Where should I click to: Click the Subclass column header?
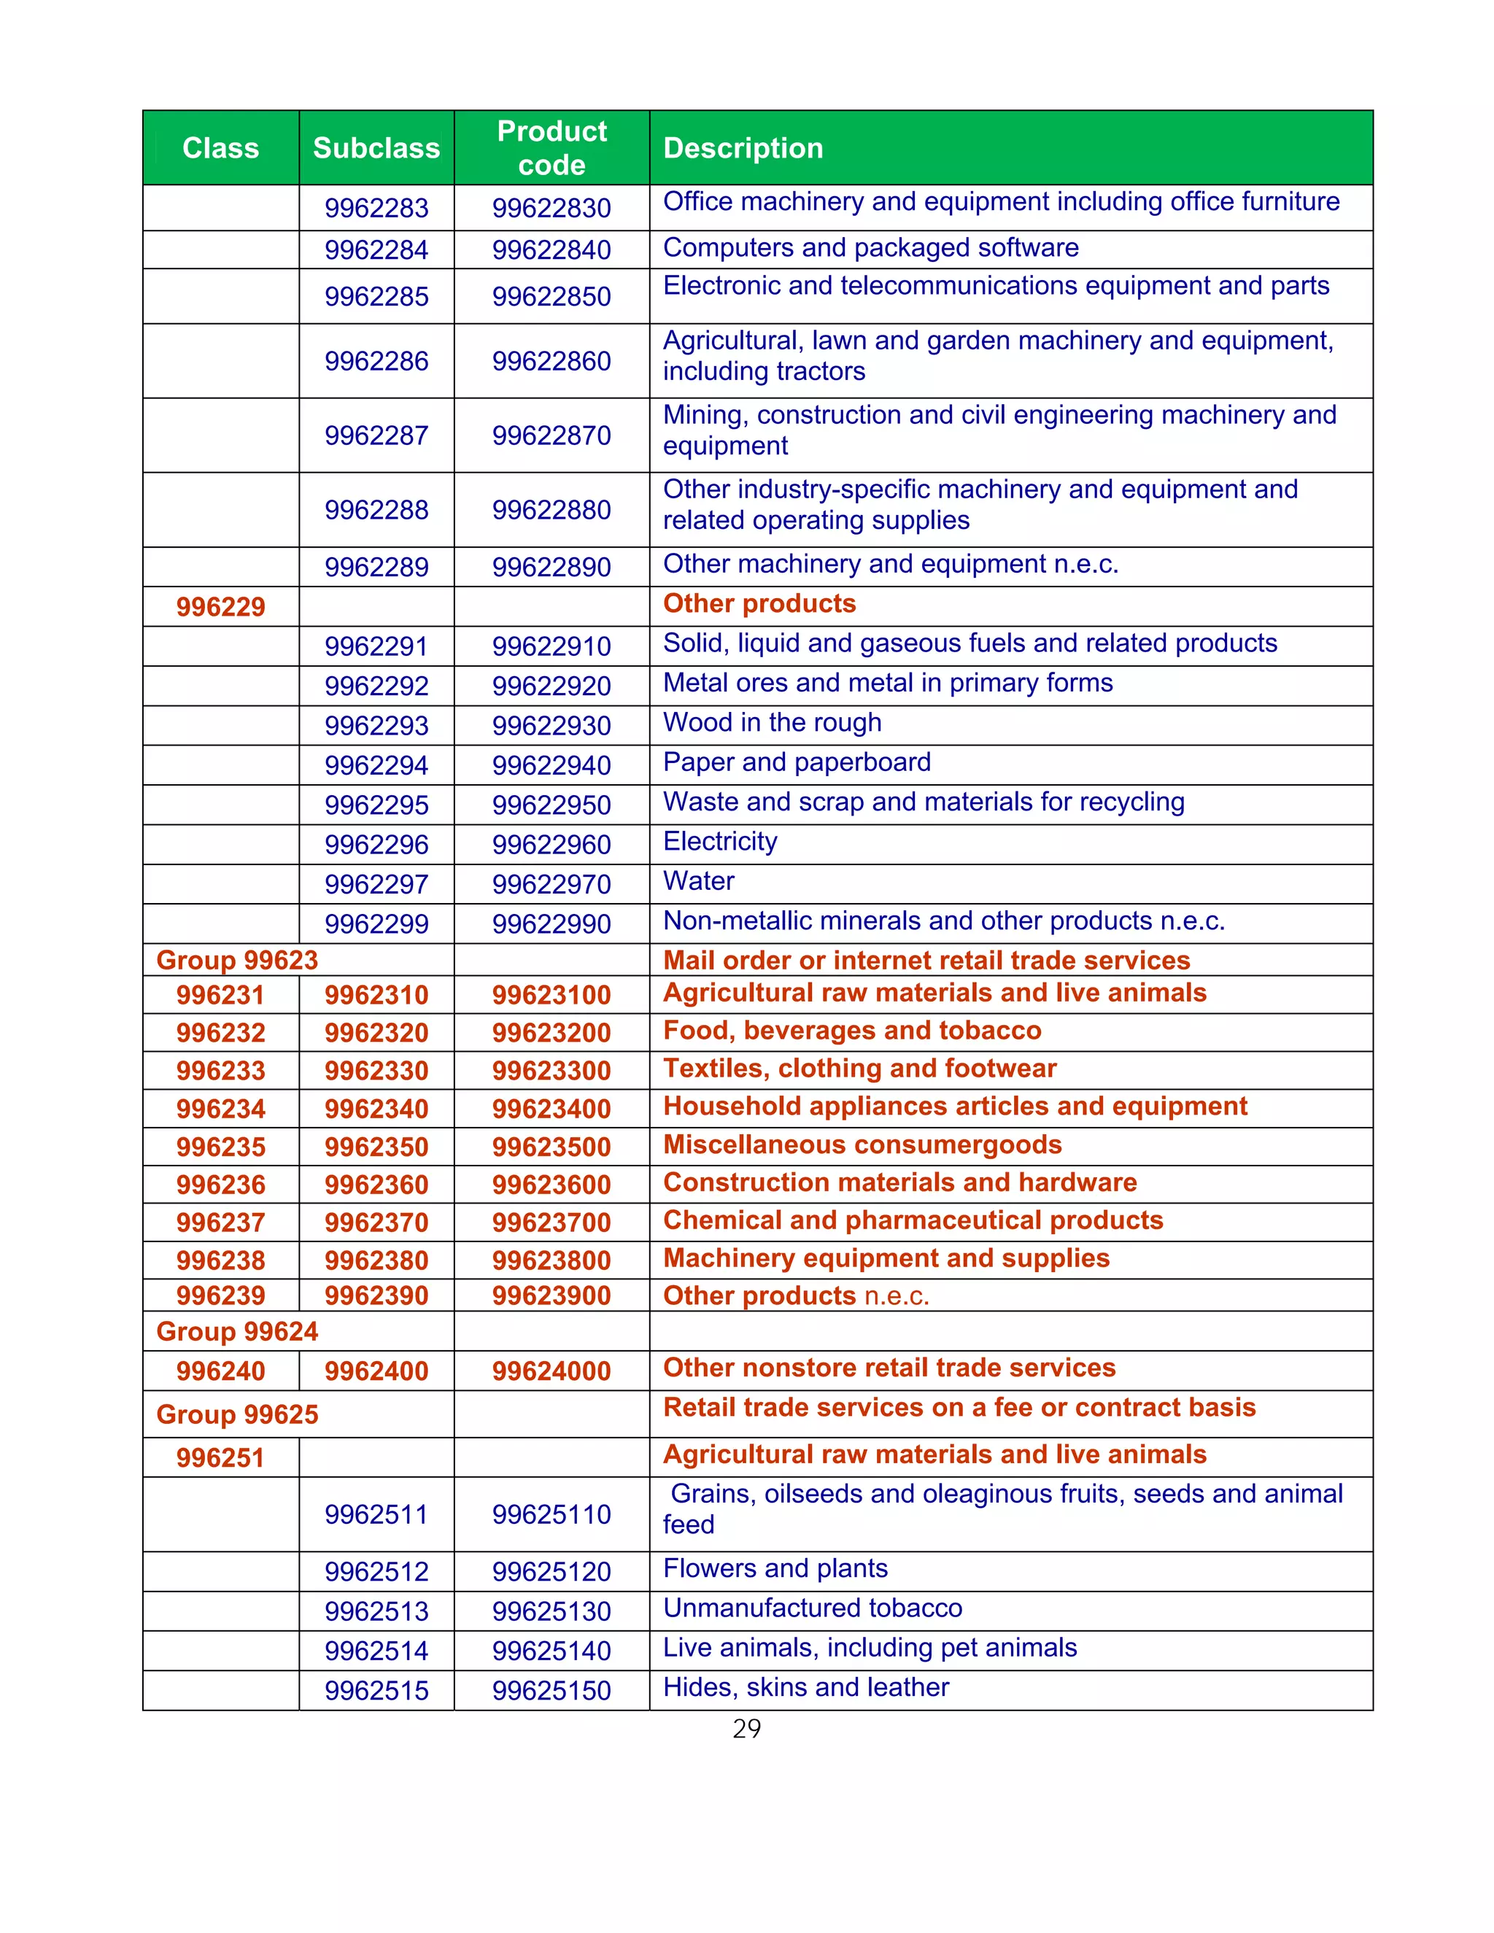coord(376,148)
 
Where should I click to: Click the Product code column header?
coord(551,148)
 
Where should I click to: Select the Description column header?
coord(743,148)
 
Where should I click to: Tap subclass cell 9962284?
coord(376,249)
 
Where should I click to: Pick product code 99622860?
coord(551,361)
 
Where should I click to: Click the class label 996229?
coord(220,607)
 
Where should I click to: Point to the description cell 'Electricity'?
coord(719,842)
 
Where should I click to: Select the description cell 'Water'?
coord(698,882)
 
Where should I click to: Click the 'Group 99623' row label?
coord(237,961)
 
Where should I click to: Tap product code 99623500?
coord(551,1147)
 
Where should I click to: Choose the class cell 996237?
coord(220,1223)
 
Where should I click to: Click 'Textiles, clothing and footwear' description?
coord(859,1069)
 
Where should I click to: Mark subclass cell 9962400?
coord(376,1371)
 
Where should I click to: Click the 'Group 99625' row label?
coord(237,1414)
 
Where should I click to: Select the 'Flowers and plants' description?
coord(775,1568)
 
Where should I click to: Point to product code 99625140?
coord(551,1651)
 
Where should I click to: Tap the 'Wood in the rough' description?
coord(772,723)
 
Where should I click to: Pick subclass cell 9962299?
coord(376,924)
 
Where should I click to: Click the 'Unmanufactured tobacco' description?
coord(812,1608)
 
